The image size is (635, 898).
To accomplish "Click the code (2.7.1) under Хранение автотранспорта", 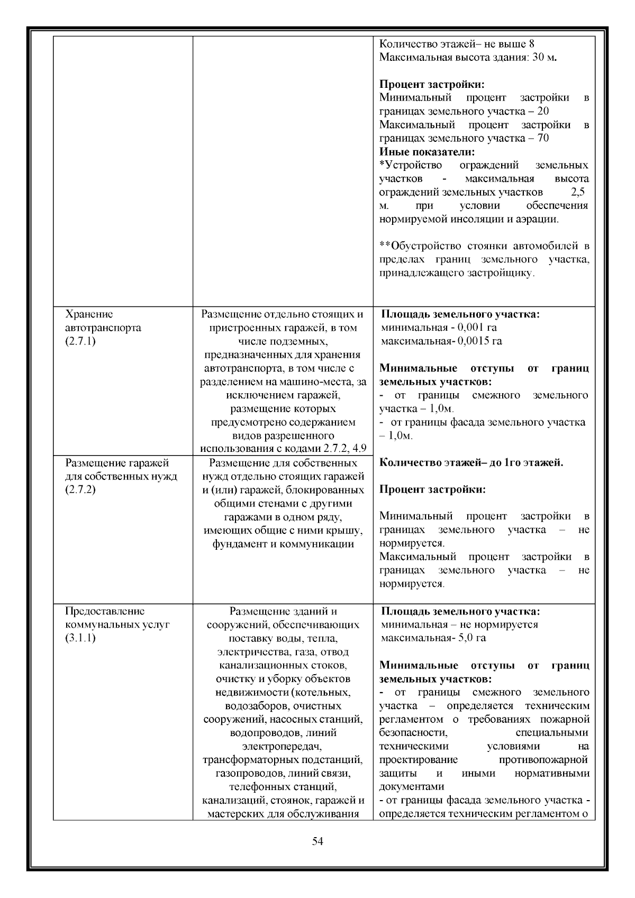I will point(80,341).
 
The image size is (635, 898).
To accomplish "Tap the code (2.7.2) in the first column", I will point(80,490).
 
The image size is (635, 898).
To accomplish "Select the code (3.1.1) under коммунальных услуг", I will point(80,638).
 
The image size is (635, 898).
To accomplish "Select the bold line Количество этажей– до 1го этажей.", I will point(471,463).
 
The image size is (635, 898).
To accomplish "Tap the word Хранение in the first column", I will point(89,314).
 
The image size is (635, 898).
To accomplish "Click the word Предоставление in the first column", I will point(104,611).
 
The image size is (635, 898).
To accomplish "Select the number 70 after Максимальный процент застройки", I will point(542,139).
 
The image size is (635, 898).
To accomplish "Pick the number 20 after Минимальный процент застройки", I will point(542,111).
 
